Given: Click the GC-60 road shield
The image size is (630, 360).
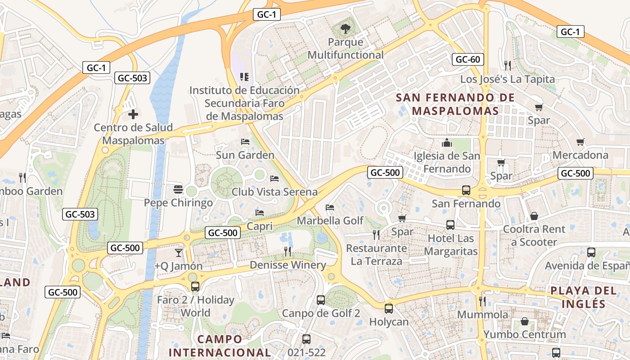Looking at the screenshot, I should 468,59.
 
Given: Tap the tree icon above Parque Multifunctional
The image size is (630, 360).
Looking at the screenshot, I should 345,29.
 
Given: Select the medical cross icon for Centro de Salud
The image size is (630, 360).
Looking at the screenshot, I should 133,114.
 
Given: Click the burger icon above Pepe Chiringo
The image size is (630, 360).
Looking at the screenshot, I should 178,189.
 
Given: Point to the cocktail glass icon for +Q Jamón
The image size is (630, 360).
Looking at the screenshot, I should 179,252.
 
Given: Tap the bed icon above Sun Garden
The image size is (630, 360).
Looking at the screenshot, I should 245,142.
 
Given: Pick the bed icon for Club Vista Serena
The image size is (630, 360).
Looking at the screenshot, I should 274,179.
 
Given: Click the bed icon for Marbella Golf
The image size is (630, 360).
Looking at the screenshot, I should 330,207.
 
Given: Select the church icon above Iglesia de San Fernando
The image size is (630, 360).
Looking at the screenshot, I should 447,143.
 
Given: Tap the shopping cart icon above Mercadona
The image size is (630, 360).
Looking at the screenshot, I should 580,142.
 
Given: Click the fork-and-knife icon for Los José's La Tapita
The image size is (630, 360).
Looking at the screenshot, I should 508,66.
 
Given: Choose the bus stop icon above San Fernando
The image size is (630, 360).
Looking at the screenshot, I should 466,190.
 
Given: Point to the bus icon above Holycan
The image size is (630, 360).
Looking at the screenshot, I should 389,309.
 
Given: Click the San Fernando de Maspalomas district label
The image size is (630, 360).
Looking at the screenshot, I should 455,104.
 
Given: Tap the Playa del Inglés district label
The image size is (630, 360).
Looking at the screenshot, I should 584,297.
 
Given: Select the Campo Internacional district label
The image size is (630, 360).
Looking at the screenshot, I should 220,346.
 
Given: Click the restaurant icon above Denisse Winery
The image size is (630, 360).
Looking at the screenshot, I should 288,252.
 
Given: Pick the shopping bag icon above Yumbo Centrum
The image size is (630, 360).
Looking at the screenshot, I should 525,321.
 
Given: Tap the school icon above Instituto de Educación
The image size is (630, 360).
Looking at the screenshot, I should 244,77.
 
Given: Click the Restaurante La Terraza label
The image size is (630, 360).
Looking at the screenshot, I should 376,254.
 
